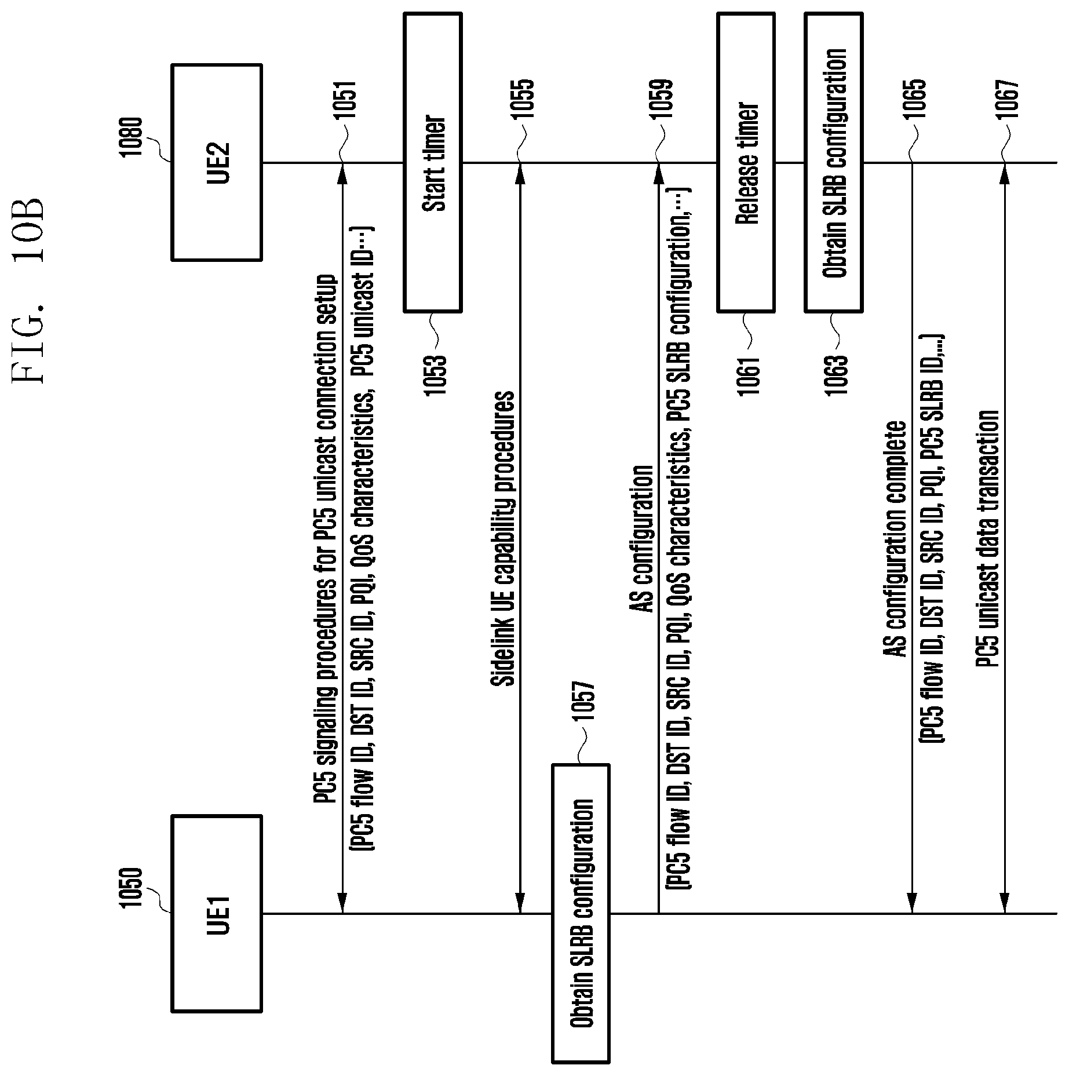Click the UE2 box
[x=216, y=162]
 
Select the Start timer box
[x=432, y=163]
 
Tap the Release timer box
[x=746, y=163]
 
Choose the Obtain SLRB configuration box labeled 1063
[x=833, y=163]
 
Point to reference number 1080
[x=132, y=136]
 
